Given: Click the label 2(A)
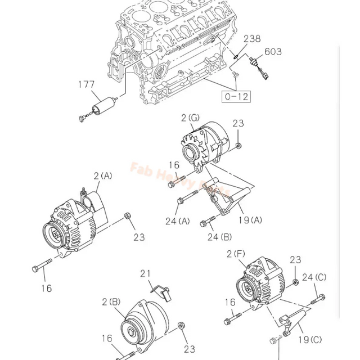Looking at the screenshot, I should point(102,176).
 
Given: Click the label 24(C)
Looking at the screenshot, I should point(314,276).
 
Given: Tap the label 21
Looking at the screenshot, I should point(147,273).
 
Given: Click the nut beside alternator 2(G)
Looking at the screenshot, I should point(239,147).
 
